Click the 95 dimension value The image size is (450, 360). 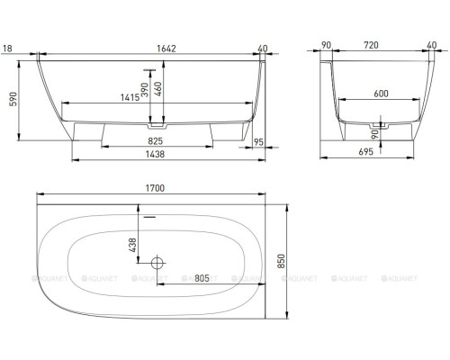click(x=259, y=141)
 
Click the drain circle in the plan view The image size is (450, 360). click(x=157, y=264)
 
